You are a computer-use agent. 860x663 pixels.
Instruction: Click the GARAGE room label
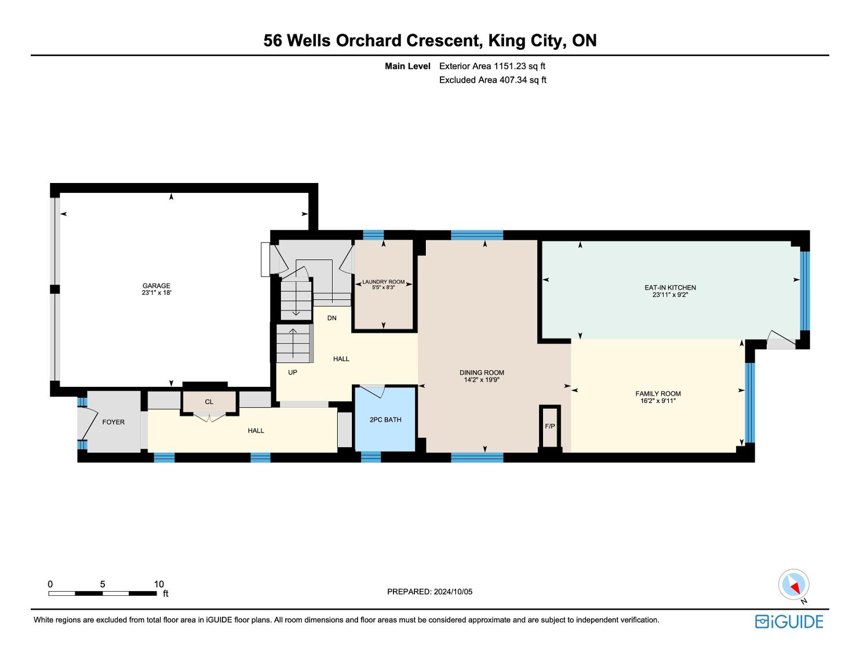156,285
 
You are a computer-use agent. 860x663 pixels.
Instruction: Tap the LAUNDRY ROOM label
384,282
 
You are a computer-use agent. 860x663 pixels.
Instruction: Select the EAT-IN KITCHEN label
670,287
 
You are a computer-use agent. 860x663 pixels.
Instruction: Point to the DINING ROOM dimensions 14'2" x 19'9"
482,380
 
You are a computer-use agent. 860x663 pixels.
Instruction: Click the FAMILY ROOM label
658,393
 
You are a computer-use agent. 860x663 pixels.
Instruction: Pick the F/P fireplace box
550,426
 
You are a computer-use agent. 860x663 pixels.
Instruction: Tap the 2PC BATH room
385,419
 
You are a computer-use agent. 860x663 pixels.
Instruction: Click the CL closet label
209,402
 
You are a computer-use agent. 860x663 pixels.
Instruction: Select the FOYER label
113,422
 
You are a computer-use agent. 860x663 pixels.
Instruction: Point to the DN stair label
331,318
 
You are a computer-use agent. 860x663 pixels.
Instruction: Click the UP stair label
293,372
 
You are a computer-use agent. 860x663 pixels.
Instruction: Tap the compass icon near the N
793,585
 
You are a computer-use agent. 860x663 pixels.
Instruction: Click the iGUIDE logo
789,622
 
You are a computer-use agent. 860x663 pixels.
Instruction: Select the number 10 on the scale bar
159,584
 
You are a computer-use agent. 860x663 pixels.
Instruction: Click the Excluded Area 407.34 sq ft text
493,80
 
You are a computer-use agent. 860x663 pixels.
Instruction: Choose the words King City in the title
524,41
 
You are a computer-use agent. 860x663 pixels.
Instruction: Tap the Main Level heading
407,66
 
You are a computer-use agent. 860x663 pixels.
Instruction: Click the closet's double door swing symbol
209,417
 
